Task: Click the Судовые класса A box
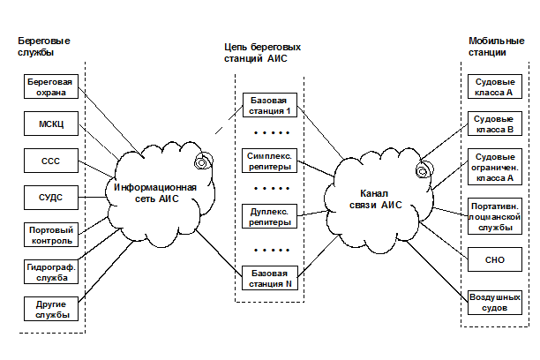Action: [493, 85]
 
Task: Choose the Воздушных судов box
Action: [493, 304]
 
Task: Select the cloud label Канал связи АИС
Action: [379, 199]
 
